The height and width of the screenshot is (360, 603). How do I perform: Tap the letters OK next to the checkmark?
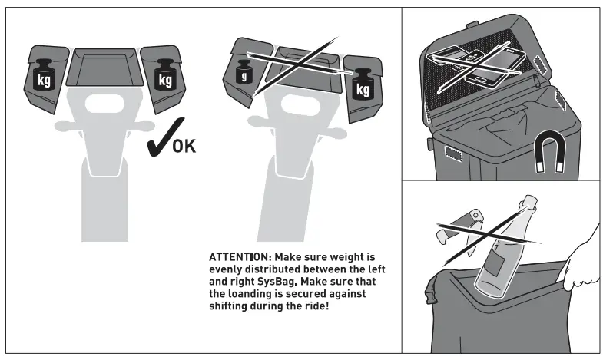click(x=183, y=146)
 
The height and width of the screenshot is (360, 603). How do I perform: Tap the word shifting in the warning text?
click(x=229, y=307)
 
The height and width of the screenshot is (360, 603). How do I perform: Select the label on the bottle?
click(x=491, y=265)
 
